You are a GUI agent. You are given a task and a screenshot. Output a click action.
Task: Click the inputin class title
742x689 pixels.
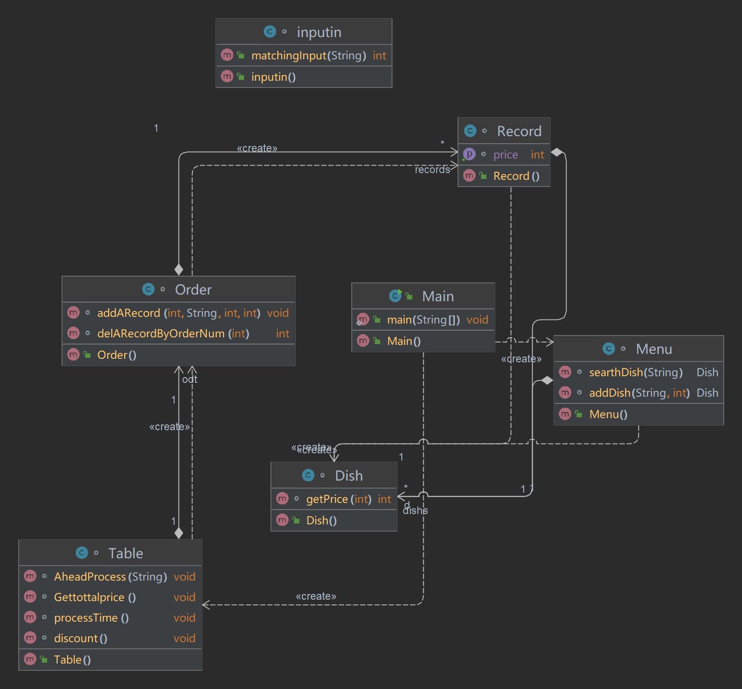[319, 32]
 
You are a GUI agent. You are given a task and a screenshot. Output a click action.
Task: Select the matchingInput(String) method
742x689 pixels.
[308, 55]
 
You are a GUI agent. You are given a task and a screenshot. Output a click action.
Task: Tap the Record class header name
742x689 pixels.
[519, 131]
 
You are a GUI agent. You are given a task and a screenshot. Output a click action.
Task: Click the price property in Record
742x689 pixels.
[505, 155]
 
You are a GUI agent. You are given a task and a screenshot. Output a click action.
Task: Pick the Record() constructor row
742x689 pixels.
[516, 176]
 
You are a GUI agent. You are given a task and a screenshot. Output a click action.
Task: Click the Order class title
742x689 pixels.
[193, 290]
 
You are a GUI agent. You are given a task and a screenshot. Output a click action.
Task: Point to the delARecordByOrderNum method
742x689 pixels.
[173, 333]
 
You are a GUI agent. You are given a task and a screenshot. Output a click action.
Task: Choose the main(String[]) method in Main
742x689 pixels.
[423, 320]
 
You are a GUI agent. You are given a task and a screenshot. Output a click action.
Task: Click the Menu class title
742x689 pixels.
[654, 349]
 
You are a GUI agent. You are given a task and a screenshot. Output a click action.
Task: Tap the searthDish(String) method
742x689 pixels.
[636, 372]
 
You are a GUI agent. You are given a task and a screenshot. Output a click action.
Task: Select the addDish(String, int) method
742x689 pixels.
[639, 393]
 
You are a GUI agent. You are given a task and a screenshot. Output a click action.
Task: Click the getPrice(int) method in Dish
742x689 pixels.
[338, 499]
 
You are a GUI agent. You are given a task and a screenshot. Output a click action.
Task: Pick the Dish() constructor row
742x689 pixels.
[321, 520]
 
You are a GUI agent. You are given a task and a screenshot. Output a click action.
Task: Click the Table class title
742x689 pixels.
[125, 553]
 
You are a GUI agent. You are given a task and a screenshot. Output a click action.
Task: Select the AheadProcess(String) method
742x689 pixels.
[110, 577]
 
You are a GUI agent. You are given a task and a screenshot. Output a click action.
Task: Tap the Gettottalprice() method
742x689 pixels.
[95, 597]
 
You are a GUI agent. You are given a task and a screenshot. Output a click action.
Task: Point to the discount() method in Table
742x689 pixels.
[80, 638]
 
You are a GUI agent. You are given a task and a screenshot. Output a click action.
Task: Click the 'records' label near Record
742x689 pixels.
[432, 170]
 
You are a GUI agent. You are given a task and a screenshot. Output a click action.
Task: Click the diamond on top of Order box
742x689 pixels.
[179, 270]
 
